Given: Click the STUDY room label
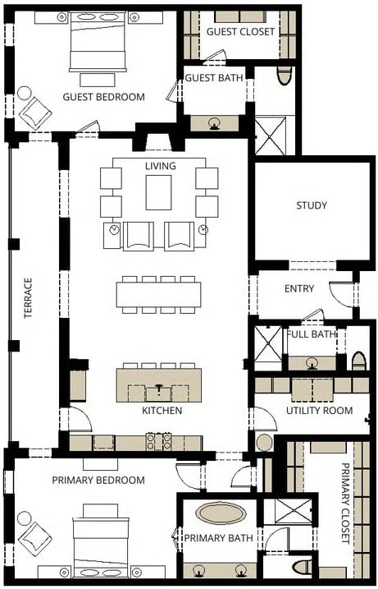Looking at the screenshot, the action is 312,205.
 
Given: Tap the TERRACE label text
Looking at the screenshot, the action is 28,298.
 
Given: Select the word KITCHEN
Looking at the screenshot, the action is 162,411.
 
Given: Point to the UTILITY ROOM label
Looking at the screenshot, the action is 320,411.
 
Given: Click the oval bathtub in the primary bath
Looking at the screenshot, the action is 221,513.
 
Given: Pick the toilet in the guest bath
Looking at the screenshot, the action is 285,76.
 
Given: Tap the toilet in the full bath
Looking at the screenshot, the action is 359,361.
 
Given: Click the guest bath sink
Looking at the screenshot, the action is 215,124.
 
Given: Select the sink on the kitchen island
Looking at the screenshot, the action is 158,393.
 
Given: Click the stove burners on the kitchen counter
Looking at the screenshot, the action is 159,442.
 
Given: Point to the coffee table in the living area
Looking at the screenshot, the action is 158,192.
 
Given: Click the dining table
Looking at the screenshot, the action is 158,294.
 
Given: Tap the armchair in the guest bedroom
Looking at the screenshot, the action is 35,113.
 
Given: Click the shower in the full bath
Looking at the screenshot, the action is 268,345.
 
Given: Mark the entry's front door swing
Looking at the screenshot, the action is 341,295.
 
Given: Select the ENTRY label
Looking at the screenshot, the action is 299,288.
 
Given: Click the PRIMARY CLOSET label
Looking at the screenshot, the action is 345,503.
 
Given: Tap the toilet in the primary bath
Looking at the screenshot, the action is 302,567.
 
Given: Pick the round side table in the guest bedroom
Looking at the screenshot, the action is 25,93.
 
